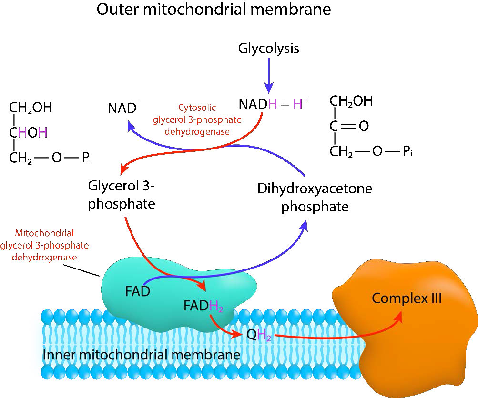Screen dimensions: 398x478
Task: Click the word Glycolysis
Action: pos(268,48)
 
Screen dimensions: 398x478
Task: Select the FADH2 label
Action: pos(203,305)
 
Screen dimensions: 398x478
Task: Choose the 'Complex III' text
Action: pos(407,299)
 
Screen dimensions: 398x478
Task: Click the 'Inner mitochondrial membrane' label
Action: pos(141,356)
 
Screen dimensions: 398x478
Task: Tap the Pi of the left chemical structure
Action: pos(86,159)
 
